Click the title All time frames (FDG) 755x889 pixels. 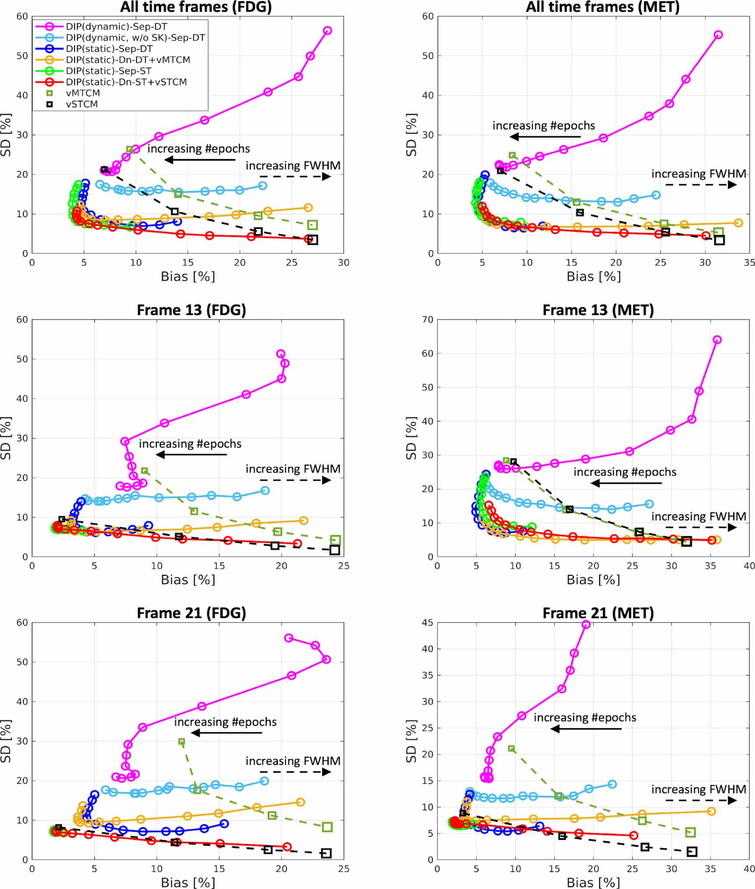[x=196, y=7]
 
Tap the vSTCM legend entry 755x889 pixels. [x=82, y=104]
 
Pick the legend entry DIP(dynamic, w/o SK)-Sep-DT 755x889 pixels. [x=135, y=38]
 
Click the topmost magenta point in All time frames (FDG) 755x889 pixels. [x=327, y=31]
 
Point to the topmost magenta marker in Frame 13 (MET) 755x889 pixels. [x=717, y=340]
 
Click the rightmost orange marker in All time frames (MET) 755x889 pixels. [x=738, y=223]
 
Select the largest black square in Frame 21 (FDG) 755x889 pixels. [x=326, y=853]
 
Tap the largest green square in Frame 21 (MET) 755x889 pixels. [x=690, y=832]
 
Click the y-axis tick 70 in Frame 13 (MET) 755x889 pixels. [x=428, y=320]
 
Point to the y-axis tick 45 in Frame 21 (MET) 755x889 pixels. [x=428, y=622]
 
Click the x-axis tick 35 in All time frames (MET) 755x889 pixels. [x=749, y=263]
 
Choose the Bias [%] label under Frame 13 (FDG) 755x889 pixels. [x=188, y=580]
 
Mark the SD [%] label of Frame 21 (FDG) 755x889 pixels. [x=6, y=741]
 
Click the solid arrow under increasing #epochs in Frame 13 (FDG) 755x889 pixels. [x=191, y=455]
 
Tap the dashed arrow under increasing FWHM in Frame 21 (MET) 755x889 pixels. [x=701, y=801]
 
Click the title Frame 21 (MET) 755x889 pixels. [x=598, y=613]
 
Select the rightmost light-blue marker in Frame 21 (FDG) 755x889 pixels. [x=264, y=781]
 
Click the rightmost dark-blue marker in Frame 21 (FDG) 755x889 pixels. [x=224, y=823]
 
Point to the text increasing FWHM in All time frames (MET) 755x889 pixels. [x=699, y=174]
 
